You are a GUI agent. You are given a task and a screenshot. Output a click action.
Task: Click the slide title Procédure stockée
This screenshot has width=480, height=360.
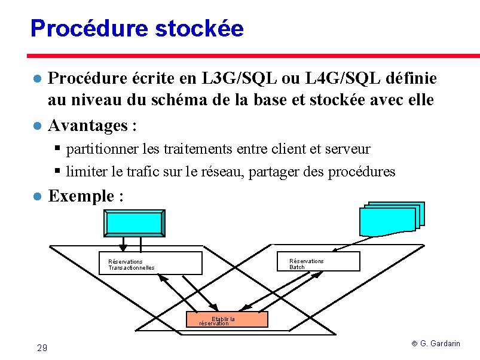137,28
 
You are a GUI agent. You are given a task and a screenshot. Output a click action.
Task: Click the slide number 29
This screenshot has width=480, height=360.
42,348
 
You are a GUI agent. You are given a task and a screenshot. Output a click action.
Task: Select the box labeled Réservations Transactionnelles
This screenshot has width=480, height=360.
150,263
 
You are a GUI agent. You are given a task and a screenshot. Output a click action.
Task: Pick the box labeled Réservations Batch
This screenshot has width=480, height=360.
319,262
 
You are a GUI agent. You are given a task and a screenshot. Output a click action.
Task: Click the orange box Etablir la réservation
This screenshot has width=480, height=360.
227,319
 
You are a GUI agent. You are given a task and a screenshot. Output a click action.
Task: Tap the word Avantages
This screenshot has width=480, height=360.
88,126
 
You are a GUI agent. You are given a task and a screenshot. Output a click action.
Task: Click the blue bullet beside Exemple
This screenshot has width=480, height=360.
36,197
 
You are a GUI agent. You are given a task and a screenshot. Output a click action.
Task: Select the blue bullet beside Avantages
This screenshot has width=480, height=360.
36,126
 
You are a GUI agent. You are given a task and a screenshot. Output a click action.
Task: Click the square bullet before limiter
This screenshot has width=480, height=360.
57,171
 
